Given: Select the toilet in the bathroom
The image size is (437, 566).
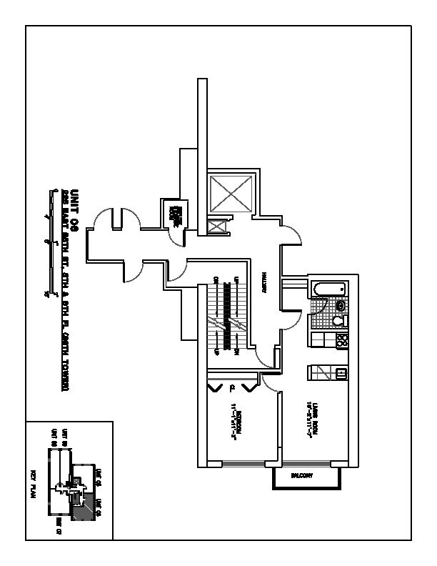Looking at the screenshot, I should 341,306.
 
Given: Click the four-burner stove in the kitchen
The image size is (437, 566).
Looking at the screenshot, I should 341,340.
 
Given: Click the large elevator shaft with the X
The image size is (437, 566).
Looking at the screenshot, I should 231,192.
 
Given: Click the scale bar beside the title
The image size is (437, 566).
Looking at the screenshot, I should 49,243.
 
